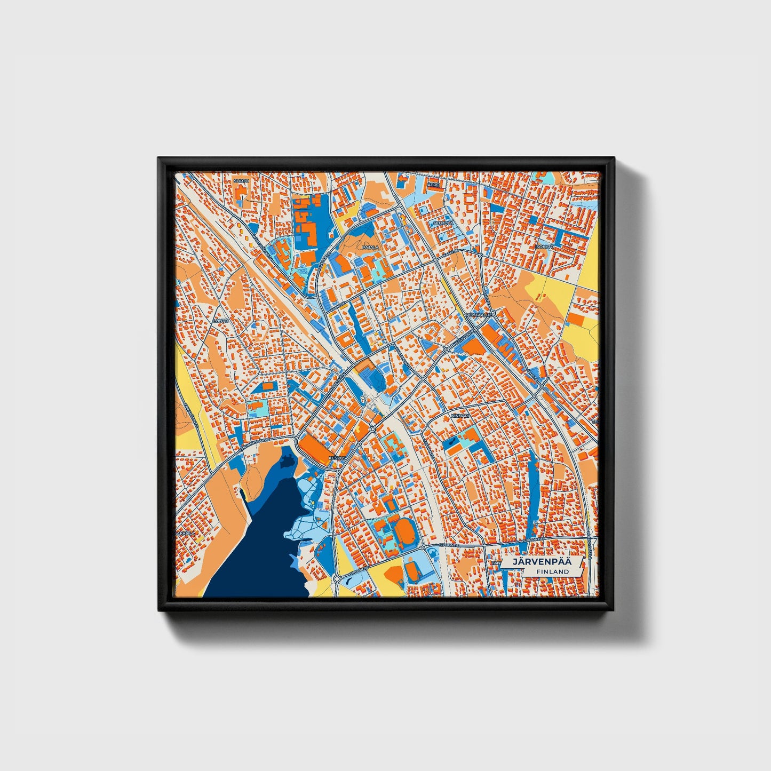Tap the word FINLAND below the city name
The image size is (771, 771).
pyautogui.click(x=552, y=571)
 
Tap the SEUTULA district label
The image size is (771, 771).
pyautogui.click(x=443, y=223)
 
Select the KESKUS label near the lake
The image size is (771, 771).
pyautogui.click(x=337, y=458)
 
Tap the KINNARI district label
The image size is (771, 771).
pyautogui.click(x=458, y=414)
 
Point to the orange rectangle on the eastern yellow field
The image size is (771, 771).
pyautogui.click(x=575, y=319)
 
